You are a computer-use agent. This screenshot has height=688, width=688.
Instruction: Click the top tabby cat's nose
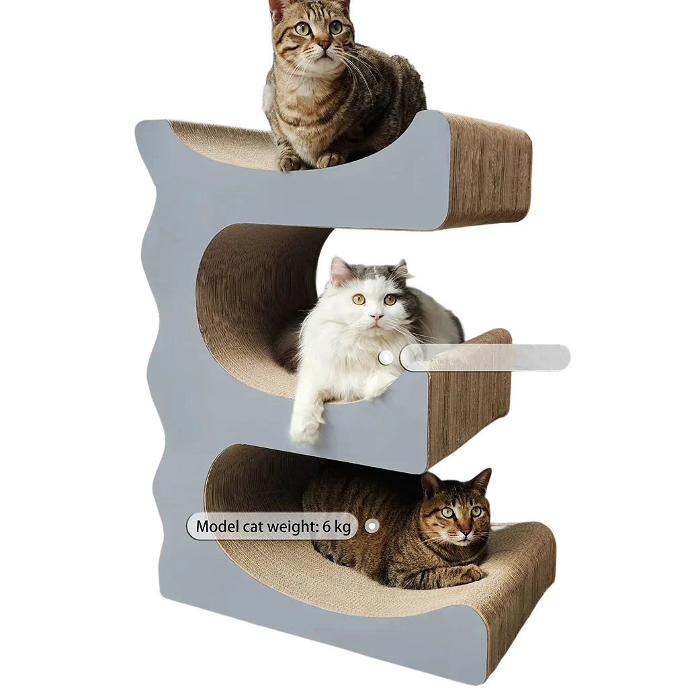(x=325, y=46)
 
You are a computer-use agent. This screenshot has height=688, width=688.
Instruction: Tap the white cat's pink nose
(x=375, y=316)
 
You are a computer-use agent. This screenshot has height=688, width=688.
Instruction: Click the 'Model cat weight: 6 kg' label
(x=273, y=526)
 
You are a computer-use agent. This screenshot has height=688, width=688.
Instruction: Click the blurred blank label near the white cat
(x=486, y=356)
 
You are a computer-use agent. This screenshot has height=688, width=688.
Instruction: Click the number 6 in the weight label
(x=326, y=526)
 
